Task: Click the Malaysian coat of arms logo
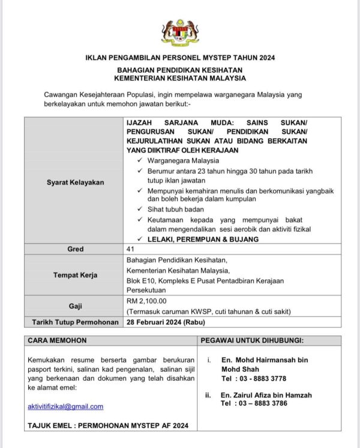point(179,32)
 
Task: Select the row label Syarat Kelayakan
point(75,182)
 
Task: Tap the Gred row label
point(75,249)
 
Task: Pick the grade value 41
point(131,249)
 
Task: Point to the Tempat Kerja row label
point(75,275)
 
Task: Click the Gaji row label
point(75,306)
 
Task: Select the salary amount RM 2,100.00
point(147,301)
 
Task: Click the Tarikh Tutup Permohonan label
point(75,322)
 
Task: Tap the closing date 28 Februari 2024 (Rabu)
point(164,322)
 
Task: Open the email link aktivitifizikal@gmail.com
point(65,407)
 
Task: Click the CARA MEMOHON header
point(57,341)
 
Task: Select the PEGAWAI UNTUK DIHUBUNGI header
point(252,341)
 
